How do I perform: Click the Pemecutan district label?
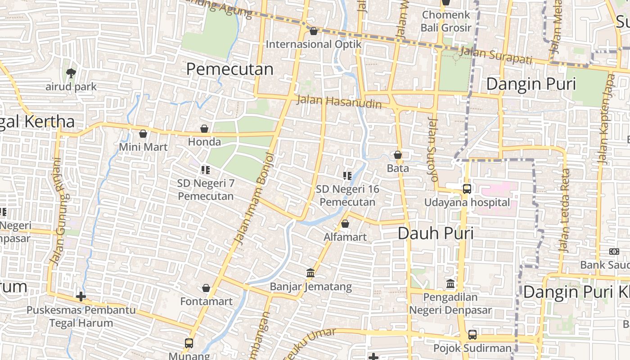pos(229,69)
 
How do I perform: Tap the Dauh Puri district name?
pos(436,233)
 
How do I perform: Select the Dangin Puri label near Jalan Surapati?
pos(531,84)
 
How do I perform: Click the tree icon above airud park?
pos(71,73)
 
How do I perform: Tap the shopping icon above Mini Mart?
pos(143,134)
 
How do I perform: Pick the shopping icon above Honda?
pos(204,129)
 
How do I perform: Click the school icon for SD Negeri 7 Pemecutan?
pos(206,170)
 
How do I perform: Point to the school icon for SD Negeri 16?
pos(347,176)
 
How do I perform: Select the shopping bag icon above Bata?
pos(398,155)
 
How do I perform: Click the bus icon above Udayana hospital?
pos(467,189)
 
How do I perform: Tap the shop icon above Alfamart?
pos(345,224)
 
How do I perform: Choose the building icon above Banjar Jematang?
pos(310,273)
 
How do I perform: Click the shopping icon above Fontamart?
pos(206,288)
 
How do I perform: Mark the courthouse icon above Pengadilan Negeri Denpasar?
pos(450,284)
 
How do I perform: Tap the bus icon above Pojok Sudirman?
pos(472,335)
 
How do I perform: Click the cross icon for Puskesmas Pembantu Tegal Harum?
pos(81,297)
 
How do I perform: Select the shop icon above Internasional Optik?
pos(314,31)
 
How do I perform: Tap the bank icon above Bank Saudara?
pos(614,252)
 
